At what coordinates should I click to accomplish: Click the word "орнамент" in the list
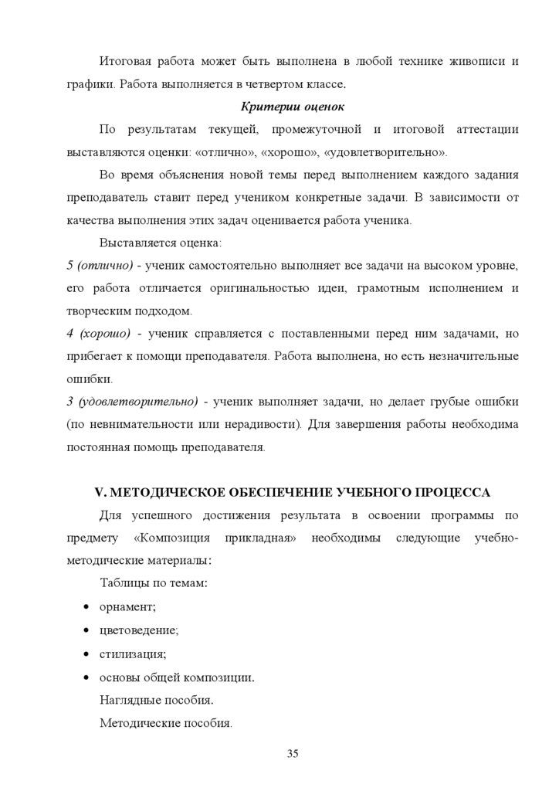click(x=127, y=608)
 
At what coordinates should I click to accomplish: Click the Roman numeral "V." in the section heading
click(x=98, y=491)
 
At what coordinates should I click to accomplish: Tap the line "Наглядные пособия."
click(x=157, y=701)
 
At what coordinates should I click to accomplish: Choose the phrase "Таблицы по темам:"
click(x=154, y=585)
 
